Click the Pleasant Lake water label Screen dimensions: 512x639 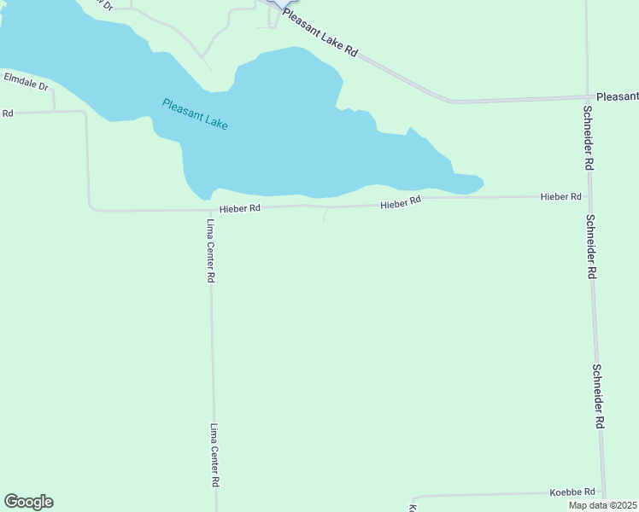pyautogui.click(x=195, y=114)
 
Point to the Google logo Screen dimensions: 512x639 pyautogui.click(x=28, y=502)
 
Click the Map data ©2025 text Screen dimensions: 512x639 pyautogui.click(x=603, y=505)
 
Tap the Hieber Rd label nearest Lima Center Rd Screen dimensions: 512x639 pyautogui.click(x=239, y=207)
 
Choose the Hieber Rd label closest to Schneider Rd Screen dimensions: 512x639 pyautogui.click(x=560, y=197)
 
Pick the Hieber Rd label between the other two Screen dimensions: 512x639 pyautogui.click(x=401, y=202)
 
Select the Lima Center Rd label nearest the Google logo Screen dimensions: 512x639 pyautogui.click(x=214, y=455)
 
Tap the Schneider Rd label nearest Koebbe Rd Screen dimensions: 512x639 pyautogui.click(x=600, y=397)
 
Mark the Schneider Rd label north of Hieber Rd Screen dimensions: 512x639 pyautogui.click(x=588, y=137)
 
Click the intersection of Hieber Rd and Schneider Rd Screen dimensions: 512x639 pyautogui.click(x=589, y=197)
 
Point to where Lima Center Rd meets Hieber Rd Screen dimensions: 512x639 pyautogui.click(x=210, y=210)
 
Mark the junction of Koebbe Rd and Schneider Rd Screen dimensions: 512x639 pyautogui.click(x=603, y=492)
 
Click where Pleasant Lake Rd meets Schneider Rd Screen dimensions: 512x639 pyautogui.click(x=587, y=97)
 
